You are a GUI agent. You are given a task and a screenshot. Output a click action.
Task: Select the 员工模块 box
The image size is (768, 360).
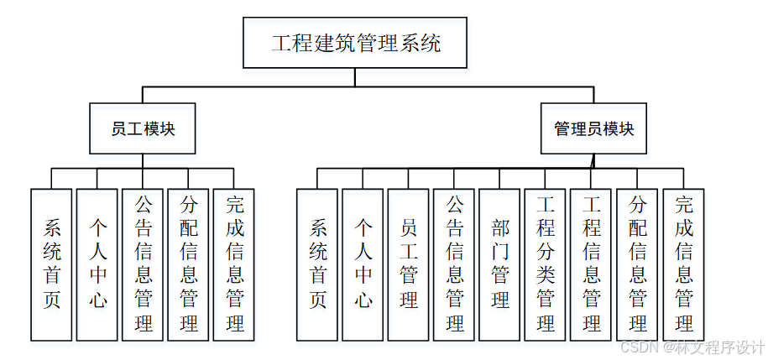(x=143, y=128)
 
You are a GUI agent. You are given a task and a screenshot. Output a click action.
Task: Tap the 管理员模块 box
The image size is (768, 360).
(x=593, y=128)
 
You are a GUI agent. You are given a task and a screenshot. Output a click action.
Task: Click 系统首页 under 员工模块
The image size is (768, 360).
(x=51, y=264)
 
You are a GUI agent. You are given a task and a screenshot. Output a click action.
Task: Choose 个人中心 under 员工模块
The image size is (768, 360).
(x=97, y=264)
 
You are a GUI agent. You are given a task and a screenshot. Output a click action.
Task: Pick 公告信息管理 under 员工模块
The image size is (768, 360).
(x=143, y=264)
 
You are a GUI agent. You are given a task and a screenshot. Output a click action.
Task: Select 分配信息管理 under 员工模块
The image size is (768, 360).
(x=188, y=264)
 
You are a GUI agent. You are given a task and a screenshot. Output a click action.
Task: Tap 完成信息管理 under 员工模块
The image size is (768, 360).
(x=234, y=264)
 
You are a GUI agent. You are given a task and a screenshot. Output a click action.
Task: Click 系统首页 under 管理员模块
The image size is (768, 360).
(x=317, y=264)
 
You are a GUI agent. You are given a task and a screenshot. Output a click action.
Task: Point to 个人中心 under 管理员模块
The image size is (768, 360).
(x=363, y=264)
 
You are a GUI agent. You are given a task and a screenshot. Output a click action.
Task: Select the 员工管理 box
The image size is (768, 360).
(x=409, y=264)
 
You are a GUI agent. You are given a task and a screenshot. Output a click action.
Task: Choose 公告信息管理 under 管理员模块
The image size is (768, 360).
(x=454, y=264)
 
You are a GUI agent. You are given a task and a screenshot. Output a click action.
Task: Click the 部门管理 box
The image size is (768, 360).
(x=499, y=264)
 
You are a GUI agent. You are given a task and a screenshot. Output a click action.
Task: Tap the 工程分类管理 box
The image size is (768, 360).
(x=546, y=264)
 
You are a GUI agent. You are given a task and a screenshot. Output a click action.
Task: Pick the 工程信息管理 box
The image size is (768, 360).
(x=591, y=264)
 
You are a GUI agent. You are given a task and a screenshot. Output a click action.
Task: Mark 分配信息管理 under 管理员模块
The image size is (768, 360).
(x=637, y=264)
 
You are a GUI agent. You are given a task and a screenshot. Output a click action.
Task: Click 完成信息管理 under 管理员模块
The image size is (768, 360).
(x=683, y=264)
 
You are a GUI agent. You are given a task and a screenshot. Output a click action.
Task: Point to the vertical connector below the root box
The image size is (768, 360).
(x=355, y=77)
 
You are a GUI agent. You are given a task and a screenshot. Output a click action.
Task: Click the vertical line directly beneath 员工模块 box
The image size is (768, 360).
(x=143, y=161)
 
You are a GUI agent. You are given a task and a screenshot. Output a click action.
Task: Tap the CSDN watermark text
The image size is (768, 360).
(x=691, y=347)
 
